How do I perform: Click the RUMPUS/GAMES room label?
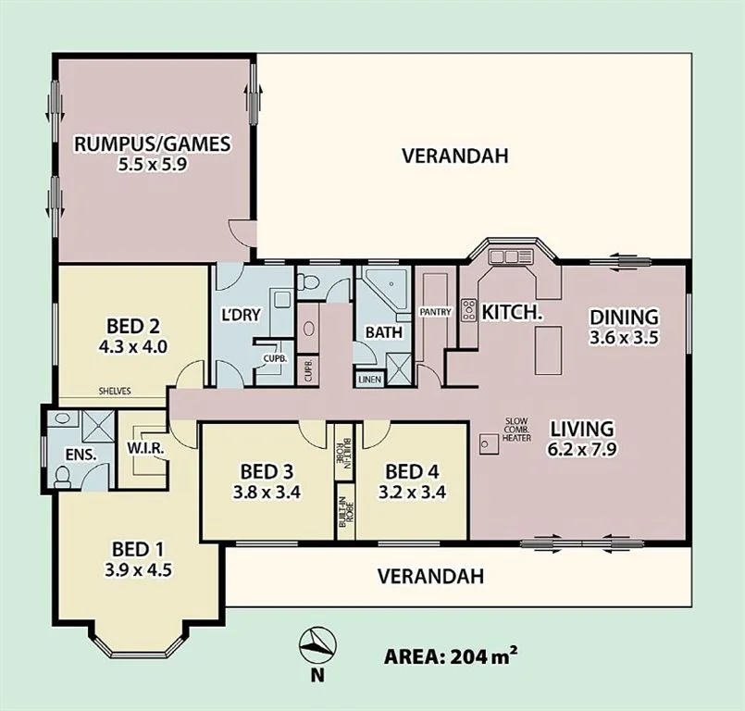[x=153, y=143]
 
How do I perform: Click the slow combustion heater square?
[x=489, y=443]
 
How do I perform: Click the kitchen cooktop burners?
[x=469, y=310]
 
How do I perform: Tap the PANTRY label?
[x=435, y=312]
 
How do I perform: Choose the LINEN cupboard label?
[x=369, y=380]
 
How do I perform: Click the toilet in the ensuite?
[x=63, y=476]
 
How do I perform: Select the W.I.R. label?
[x=145, y=448]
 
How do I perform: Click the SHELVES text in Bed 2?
[x=115, y=392]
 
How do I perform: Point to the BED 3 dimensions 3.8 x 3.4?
[x=267, y=493]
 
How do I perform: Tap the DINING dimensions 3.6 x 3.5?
[x=624, y=337]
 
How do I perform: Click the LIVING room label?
[x=581, y=429]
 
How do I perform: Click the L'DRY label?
[x=242, y=315]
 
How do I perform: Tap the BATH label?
[x=384, y=332]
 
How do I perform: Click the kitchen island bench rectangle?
[x=548, y=350]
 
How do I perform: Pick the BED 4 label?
[x=412, y=472]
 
